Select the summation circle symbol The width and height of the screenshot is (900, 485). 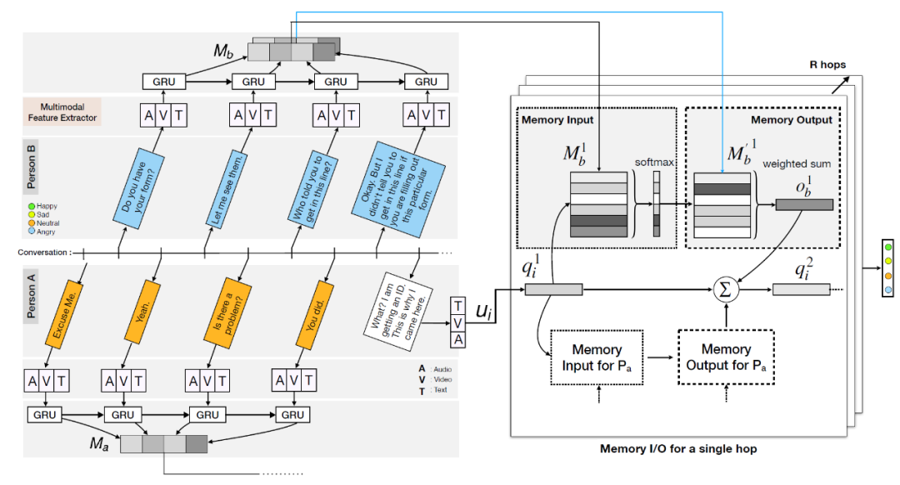click(725, 290)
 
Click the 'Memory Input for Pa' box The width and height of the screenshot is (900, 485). click(597, 357)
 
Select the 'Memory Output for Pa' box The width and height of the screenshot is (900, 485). click(725, 357)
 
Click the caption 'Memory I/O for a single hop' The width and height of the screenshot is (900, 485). click(677, 449)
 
